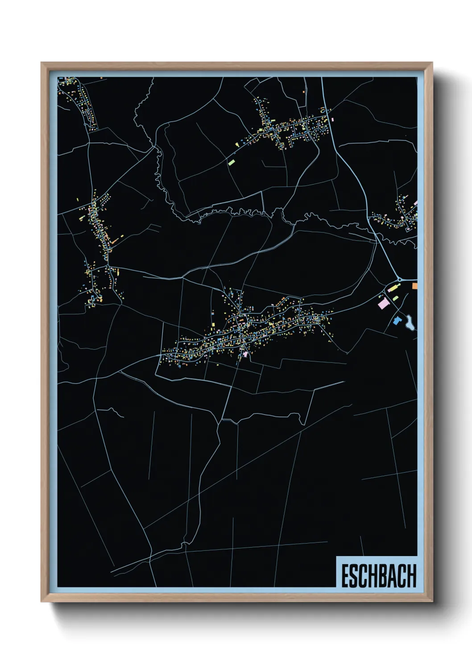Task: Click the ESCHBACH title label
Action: (x=378, y=576)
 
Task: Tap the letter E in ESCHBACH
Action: (x=345, y=576)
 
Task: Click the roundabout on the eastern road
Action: (x=399, y=280)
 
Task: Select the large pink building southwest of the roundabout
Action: (x=383, y=304)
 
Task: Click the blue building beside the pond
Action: (x=397, y=320)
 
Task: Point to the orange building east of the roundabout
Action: (x=414, y=286)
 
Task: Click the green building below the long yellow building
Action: (x=396, y=298)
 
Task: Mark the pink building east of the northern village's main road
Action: (x=333, y=119)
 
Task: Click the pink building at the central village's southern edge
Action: (x=245, y=354)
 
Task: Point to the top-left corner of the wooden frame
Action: (x=41, y=63)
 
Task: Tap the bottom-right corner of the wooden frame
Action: (x=432, y=602)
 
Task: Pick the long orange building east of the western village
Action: (x=115, y=241)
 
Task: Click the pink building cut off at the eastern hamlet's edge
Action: (x=415, y=203)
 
